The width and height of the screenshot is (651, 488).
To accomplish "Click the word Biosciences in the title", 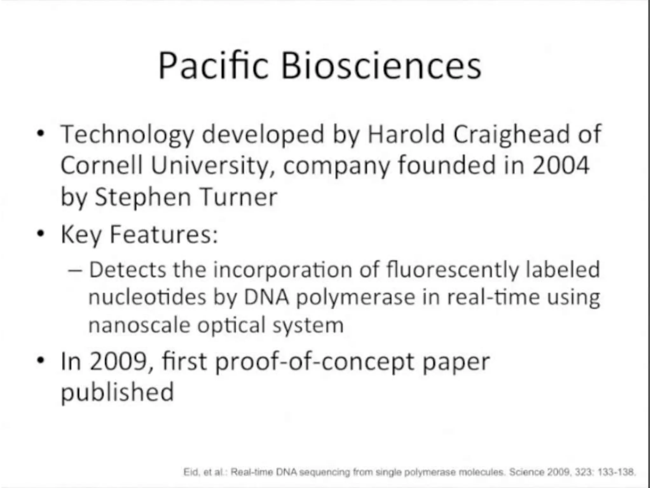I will coord(381,66).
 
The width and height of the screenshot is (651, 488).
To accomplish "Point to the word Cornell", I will coord(101,165).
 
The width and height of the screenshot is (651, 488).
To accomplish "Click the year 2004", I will coord(561,165).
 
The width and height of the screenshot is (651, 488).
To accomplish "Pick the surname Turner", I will coord(238,197).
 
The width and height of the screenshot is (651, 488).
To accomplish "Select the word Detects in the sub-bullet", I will coord(127,270).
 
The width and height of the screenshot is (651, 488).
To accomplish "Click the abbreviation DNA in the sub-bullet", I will coord(266,297).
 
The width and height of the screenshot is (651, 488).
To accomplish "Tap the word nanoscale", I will coord(139,325).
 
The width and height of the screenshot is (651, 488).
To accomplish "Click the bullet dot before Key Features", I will coord(40,234).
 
